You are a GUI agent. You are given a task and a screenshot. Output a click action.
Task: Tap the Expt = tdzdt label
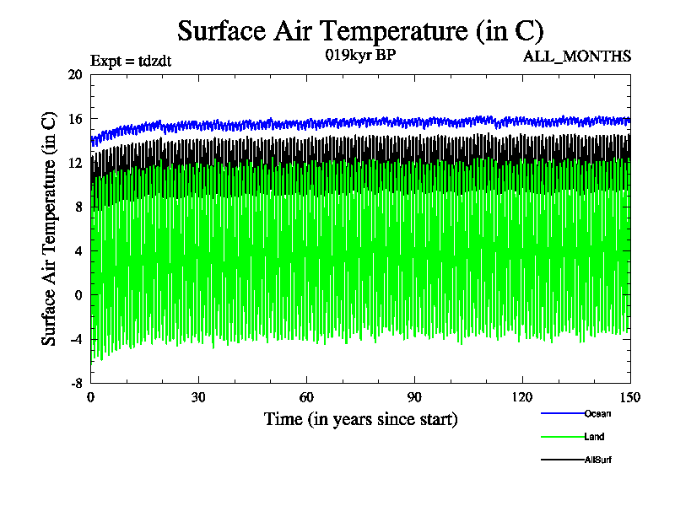coord(131,60)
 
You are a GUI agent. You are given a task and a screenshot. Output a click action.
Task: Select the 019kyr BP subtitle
coord(360,56)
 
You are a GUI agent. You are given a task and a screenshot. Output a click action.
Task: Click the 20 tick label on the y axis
coord(74,74)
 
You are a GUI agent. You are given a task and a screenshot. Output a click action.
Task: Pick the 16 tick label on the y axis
coord(74,119)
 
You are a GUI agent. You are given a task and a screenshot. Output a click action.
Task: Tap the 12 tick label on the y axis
coord(74,163)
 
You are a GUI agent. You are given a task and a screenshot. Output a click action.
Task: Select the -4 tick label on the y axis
coord(74,339)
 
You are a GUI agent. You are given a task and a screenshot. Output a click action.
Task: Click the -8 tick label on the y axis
coord(74,383)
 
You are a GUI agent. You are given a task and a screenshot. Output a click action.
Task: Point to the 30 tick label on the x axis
coord(198,398)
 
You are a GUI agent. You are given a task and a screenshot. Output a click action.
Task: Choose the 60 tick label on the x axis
coord(306,398)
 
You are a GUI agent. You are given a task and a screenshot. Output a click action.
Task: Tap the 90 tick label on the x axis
coord(414,398)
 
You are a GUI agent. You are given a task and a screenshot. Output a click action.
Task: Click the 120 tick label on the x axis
coord(522,398)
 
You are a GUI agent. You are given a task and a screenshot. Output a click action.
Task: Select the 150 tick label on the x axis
coord(629,398)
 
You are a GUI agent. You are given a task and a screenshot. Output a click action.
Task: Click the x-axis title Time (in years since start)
coord(360,418)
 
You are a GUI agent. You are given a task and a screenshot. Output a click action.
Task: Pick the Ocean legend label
coord(597,413)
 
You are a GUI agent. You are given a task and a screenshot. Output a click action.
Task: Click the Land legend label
coord(593,437)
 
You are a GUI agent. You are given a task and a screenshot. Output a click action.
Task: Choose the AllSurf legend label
coord(598,460)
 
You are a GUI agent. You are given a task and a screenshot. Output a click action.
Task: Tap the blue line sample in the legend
coord(562,413)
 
